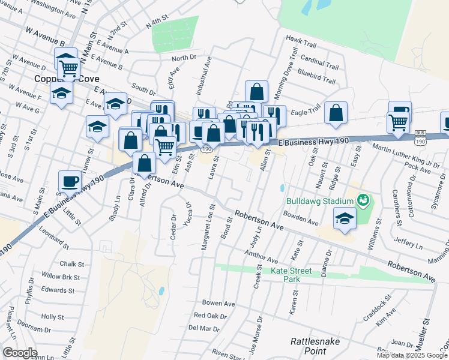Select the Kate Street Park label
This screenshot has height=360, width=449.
tap(291, 275)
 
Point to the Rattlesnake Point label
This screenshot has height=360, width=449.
tap(316, 346)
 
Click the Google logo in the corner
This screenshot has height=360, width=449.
tap(20, 353)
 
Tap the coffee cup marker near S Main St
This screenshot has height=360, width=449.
tap(69, 181)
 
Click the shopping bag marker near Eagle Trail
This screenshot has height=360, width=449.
tap(336, 112)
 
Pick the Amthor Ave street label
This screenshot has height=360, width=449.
tap(261, 257)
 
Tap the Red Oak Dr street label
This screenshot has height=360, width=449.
tap(210, 316)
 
